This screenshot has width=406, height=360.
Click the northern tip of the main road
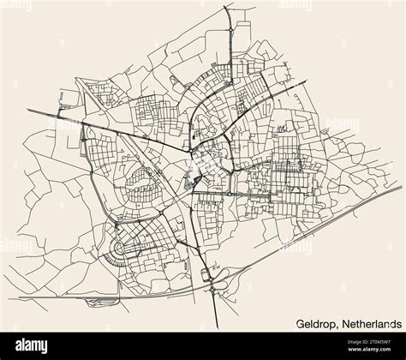point(225,7)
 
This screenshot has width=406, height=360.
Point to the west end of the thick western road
point(27,110)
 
